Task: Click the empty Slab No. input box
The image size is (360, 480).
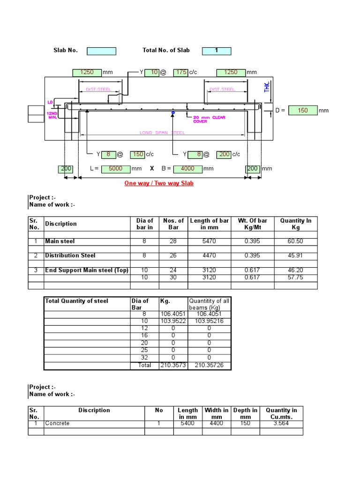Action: point(101,51)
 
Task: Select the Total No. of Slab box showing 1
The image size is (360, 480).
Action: point(216,51)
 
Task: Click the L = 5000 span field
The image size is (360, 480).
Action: point(115,169)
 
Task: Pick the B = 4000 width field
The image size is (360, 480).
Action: point(187,169)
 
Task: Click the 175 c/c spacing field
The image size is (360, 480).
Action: point(180,72)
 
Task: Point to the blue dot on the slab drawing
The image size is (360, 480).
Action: point(173,113)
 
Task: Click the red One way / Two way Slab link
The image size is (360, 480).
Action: point(159,183)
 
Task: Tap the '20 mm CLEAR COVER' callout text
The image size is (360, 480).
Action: point(209,119)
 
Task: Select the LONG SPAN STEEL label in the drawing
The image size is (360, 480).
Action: point(162,133)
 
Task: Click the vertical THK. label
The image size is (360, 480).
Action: point(267,86)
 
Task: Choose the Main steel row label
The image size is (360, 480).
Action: point(60,241)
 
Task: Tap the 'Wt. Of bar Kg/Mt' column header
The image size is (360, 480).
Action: point(252,224)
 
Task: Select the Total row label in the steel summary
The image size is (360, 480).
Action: point(144,365)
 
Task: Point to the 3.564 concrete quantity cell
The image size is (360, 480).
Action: point(281,423)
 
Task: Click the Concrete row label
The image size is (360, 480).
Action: point(57,423)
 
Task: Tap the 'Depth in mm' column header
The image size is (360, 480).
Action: point(245,413)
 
